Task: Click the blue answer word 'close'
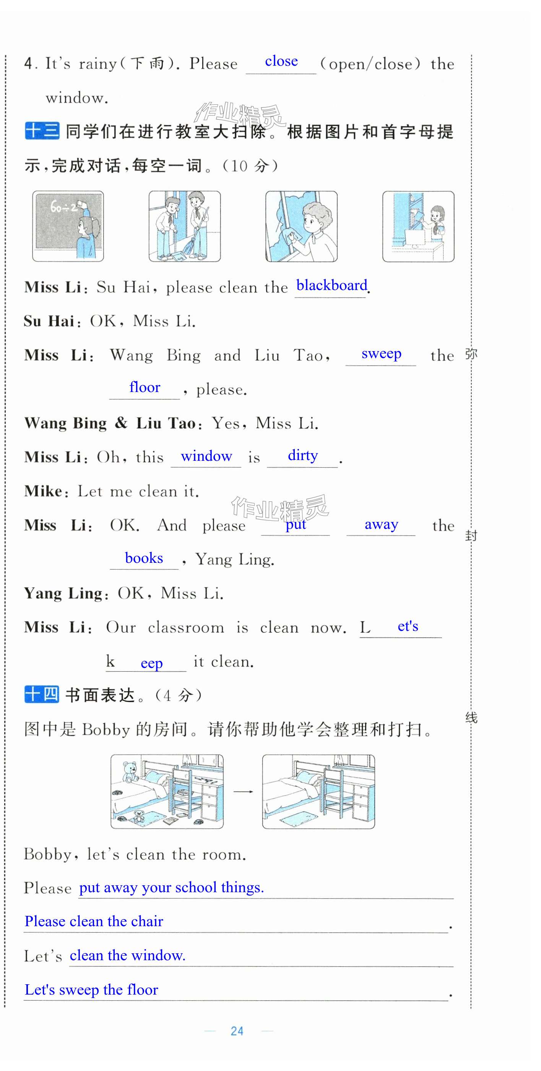281,62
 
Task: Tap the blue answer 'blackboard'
332,286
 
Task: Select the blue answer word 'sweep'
381,353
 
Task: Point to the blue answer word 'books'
144,558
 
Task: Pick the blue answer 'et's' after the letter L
408,626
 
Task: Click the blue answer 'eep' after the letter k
151,663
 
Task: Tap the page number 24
237,1031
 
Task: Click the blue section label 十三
42,131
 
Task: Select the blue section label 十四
42,695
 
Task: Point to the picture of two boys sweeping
185,226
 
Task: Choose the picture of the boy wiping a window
301,226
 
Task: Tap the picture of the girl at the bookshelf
418,226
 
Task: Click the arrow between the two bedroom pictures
243,792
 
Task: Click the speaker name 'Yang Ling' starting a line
63,593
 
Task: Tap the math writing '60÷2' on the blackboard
63,207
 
